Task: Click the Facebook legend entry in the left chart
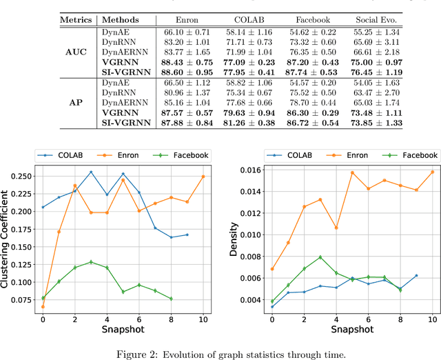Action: point(188,156)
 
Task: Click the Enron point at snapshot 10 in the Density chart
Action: point(432,172)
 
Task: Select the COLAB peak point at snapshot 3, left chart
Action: point(90,172)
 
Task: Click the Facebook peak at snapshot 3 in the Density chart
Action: point(320,257)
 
